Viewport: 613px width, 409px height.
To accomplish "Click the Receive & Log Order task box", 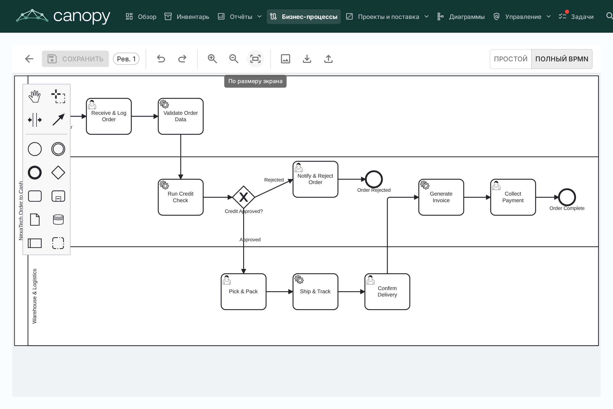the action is click(x=109, y=116).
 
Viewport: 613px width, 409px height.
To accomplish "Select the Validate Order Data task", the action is click(x=181, y=116).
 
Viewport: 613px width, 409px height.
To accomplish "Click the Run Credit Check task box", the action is click(x=181, y=197).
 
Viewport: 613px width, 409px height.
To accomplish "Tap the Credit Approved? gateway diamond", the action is click(x=243, y=197).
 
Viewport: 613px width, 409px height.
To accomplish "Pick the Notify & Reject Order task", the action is click(x=315, y=179).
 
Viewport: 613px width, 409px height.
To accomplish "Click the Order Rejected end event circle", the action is click(x=374, y=179).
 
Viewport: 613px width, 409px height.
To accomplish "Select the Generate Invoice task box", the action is click(x=441, y=197).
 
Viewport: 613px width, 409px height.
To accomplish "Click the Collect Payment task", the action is click(x=513, y=197).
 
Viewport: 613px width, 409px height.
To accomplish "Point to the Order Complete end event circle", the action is click(x=567, y=197).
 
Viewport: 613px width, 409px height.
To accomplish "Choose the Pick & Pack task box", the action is click(x=243, y=292).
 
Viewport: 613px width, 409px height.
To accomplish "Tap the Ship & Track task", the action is click(x=315, y=292).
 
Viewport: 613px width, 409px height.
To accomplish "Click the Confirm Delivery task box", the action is click(x=387, y=292).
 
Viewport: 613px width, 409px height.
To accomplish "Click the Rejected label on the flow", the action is click(x=274, y=180).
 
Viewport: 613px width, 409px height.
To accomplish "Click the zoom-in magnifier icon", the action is click(x=212, y=59).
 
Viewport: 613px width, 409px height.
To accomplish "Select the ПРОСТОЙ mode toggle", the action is click(x=511, y=59).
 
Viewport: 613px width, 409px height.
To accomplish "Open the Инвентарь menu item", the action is click(x=187, y=17).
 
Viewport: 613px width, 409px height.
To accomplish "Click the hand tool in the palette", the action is click(x=35, y=97).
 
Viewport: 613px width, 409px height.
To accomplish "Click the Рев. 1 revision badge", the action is click(x=126, y=59).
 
